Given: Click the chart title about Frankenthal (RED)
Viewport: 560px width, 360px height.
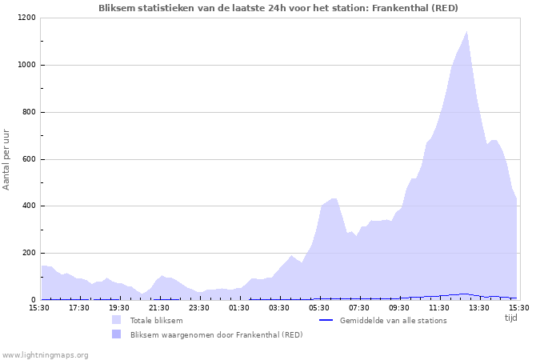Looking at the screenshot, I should (278, 7).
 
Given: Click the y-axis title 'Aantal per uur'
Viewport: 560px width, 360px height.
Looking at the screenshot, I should (7, 158).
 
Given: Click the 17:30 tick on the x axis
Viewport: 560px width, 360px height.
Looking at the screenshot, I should (79, 307).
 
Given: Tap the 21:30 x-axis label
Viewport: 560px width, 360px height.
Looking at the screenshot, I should (159, 307).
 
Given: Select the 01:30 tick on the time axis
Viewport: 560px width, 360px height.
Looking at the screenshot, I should (239, 307).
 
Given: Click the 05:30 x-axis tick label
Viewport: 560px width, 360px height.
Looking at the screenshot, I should (319, 307).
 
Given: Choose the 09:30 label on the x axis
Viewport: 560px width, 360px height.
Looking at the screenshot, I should (399, 307).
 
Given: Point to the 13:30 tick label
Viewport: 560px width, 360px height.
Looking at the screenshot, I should (479, 307).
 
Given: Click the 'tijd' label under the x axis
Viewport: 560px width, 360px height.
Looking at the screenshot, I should (511, 318).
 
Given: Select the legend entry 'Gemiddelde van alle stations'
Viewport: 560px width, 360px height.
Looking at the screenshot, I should (393, 321).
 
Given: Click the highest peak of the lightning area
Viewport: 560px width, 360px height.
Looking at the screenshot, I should (467, 32).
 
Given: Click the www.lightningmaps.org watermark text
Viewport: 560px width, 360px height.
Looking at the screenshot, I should (45, 354).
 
